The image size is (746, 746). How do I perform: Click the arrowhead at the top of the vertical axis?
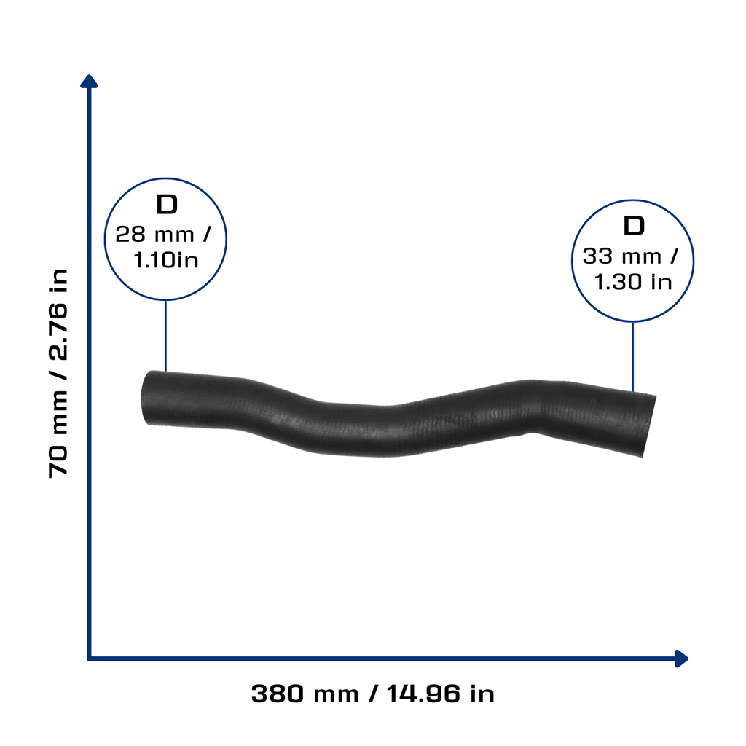89,82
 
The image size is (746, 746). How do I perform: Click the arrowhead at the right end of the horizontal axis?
682,659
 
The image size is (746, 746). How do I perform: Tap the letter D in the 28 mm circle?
167,205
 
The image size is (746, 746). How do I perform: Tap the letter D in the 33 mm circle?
634,226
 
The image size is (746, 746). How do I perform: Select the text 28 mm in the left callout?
154,235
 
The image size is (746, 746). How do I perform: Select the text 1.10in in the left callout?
165,260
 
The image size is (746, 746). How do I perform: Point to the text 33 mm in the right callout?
622,256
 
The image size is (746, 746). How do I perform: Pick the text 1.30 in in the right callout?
633,282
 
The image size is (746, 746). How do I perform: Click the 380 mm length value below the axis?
305,694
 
